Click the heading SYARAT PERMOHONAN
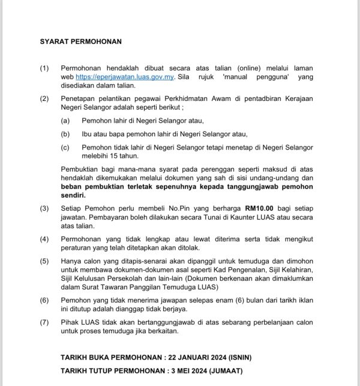pos(81,42)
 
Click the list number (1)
pos(45,68)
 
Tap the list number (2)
pos(45,98)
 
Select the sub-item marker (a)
pos(66,121)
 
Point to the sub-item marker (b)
pos(66,134)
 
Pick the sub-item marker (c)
pos(66,147)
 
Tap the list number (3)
pos(45,208)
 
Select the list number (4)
pos(45,239)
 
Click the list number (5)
pos(45,261)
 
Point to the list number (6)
pos(45,300)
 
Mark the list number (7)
pos(45,322)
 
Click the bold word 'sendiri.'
pos(76,195)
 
